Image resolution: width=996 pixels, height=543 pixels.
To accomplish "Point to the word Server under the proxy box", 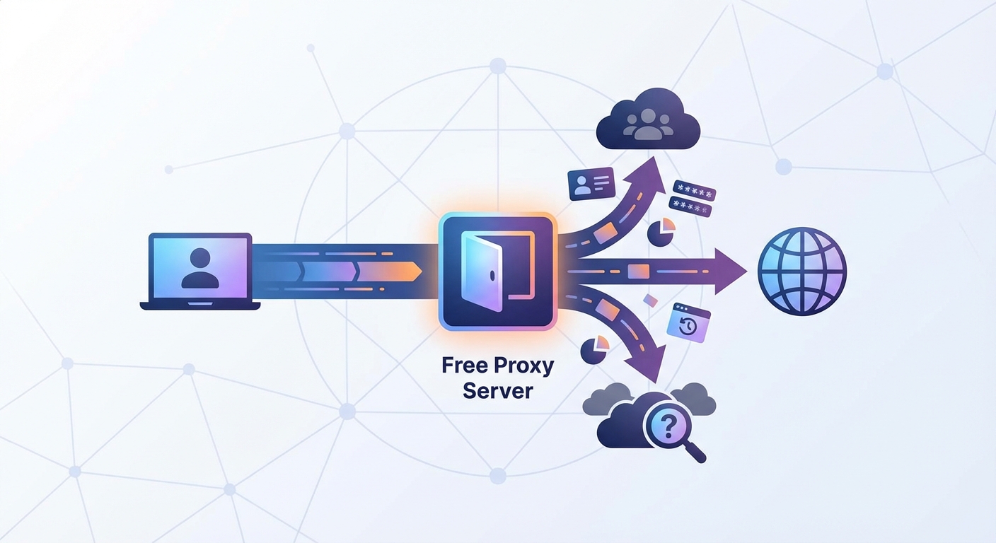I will pyautogui.click(x=497, y=390).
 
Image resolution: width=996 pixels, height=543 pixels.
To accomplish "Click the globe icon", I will pyautogui.click(x=801, y=271).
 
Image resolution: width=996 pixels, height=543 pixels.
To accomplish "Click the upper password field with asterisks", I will pyautogui.click(x=694, y=189).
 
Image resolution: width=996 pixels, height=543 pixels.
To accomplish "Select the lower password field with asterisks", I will pyautogui.click(x=689, y=206).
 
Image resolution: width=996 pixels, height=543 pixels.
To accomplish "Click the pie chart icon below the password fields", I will pyautogui.click(x=661, y=232).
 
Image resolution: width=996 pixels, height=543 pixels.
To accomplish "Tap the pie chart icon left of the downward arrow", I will pyautogui.click(x=594, y=350).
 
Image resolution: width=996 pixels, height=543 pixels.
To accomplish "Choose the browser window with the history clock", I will pyautogui.click(x=688, y=323).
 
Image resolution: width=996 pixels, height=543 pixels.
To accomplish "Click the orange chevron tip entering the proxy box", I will pyautogui.click(x=415, y=271).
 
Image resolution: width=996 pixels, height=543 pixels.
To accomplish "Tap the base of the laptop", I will pyautogui.click(x=199, y=305).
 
